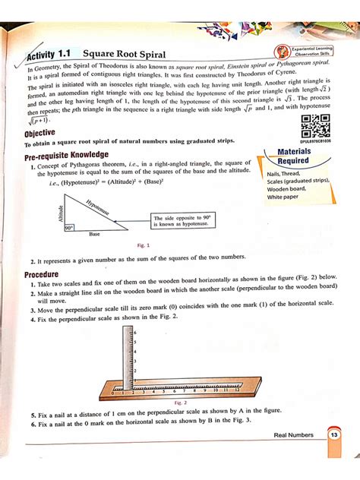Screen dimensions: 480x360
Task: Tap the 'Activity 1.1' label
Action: click(49, 57)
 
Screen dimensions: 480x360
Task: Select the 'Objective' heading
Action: click(39, 133)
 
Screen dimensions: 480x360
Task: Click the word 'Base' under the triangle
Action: click(93, 233)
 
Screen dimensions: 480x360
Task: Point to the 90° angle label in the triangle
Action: click(68, 227)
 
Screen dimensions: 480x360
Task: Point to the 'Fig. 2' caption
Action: click(181, 403)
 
